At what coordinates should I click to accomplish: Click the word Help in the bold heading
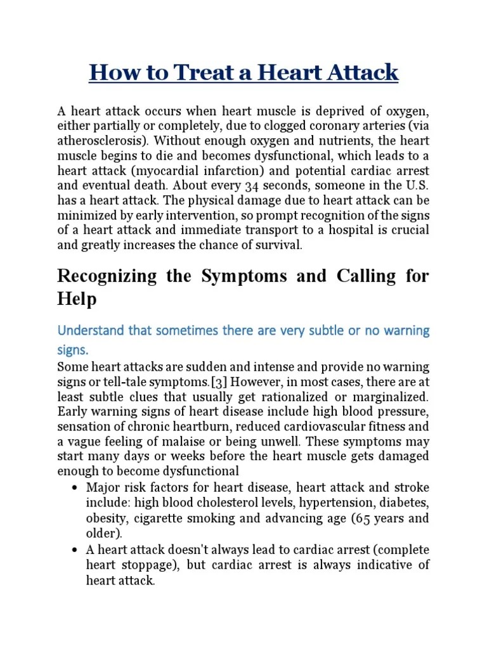(77, 299)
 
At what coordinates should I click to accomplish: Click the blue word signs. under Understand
(74, 350)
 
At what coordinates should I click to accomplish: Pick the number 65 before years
(363, 518)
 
